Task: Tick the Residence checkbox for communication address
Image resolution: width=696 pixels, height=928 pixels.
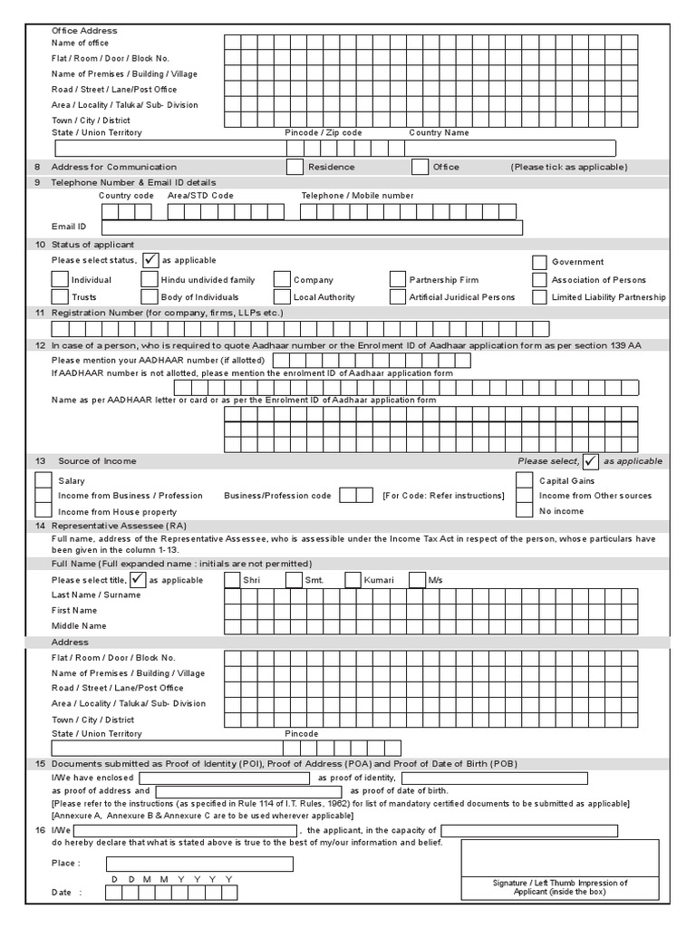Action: point(295,167)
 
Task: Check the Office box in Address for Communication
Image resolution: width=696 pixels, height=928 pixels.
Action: point(420,167)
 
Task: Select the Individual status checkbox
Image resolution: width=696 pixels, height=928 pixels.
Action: point(60,280)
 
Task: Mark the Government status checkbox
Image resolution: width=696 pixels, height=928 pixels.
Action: point(540,262)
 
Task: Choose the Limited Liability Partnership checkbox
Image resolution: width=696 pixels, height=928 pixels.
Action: point(540,297)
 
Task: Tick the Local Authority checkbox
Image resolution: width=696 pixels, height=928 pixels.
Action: point(282,297)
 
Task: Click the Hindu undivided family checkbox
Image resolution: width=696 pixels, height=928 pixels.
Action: point(149,280)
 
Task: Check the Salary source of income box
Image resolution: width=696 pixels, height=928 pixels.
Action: point(43,480)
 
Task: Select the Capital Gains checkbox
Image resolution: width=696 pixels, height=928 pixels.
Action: point(524,480)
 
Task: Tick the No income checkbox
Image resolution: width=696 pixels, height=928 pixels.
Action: point(524,511)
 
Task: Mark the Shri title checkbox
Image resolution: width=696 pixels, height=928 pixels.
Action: point(232,580)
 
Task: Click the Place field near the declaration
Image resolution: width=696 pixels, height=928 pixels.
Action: point(199,864)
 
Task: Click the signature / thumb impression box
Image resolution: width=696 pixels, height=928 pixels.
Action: point(559,857)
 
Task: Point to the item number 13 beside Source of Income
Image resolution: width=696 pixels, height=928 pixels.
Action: point(39,461)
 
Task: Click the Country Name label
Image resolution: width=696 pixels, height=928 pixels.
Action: point(439,133)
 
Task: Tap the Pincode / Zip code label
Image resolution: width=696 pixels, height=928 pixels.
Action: point(324,133)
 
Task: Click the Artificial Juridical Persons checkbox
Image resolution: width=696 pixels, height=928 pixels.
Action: point(397,297)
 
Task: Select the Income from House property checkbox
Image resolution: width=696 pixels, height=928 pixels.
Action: point(43,511)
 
